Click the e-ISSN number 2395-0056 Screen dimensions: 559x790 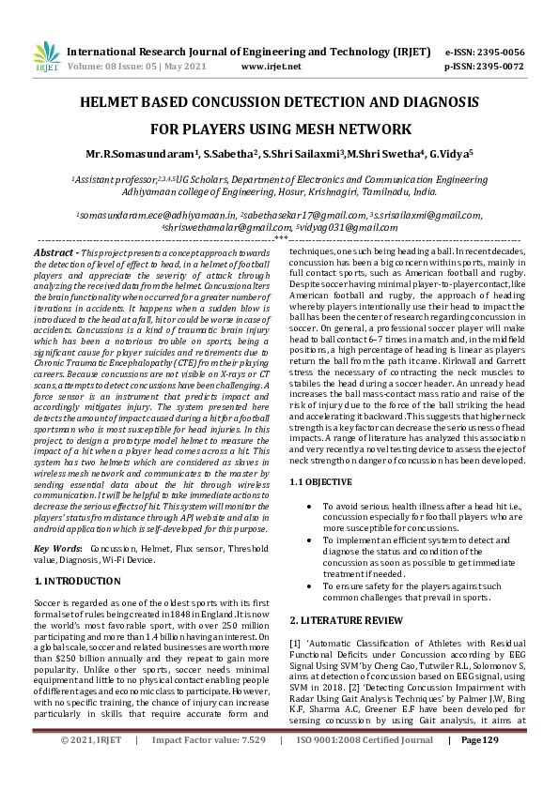pos(501,53)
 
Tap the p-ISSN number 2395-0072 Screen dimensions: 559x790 pos(501,68)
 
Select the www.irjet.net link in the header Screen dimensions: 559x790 pos(271,68)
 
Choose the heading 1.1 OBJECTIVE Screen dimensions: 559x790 pos(321,481)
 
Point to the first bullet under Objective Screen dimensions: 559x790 pos(312,506)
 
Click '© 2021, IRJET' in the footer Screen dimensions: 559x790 pos(91,767)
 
